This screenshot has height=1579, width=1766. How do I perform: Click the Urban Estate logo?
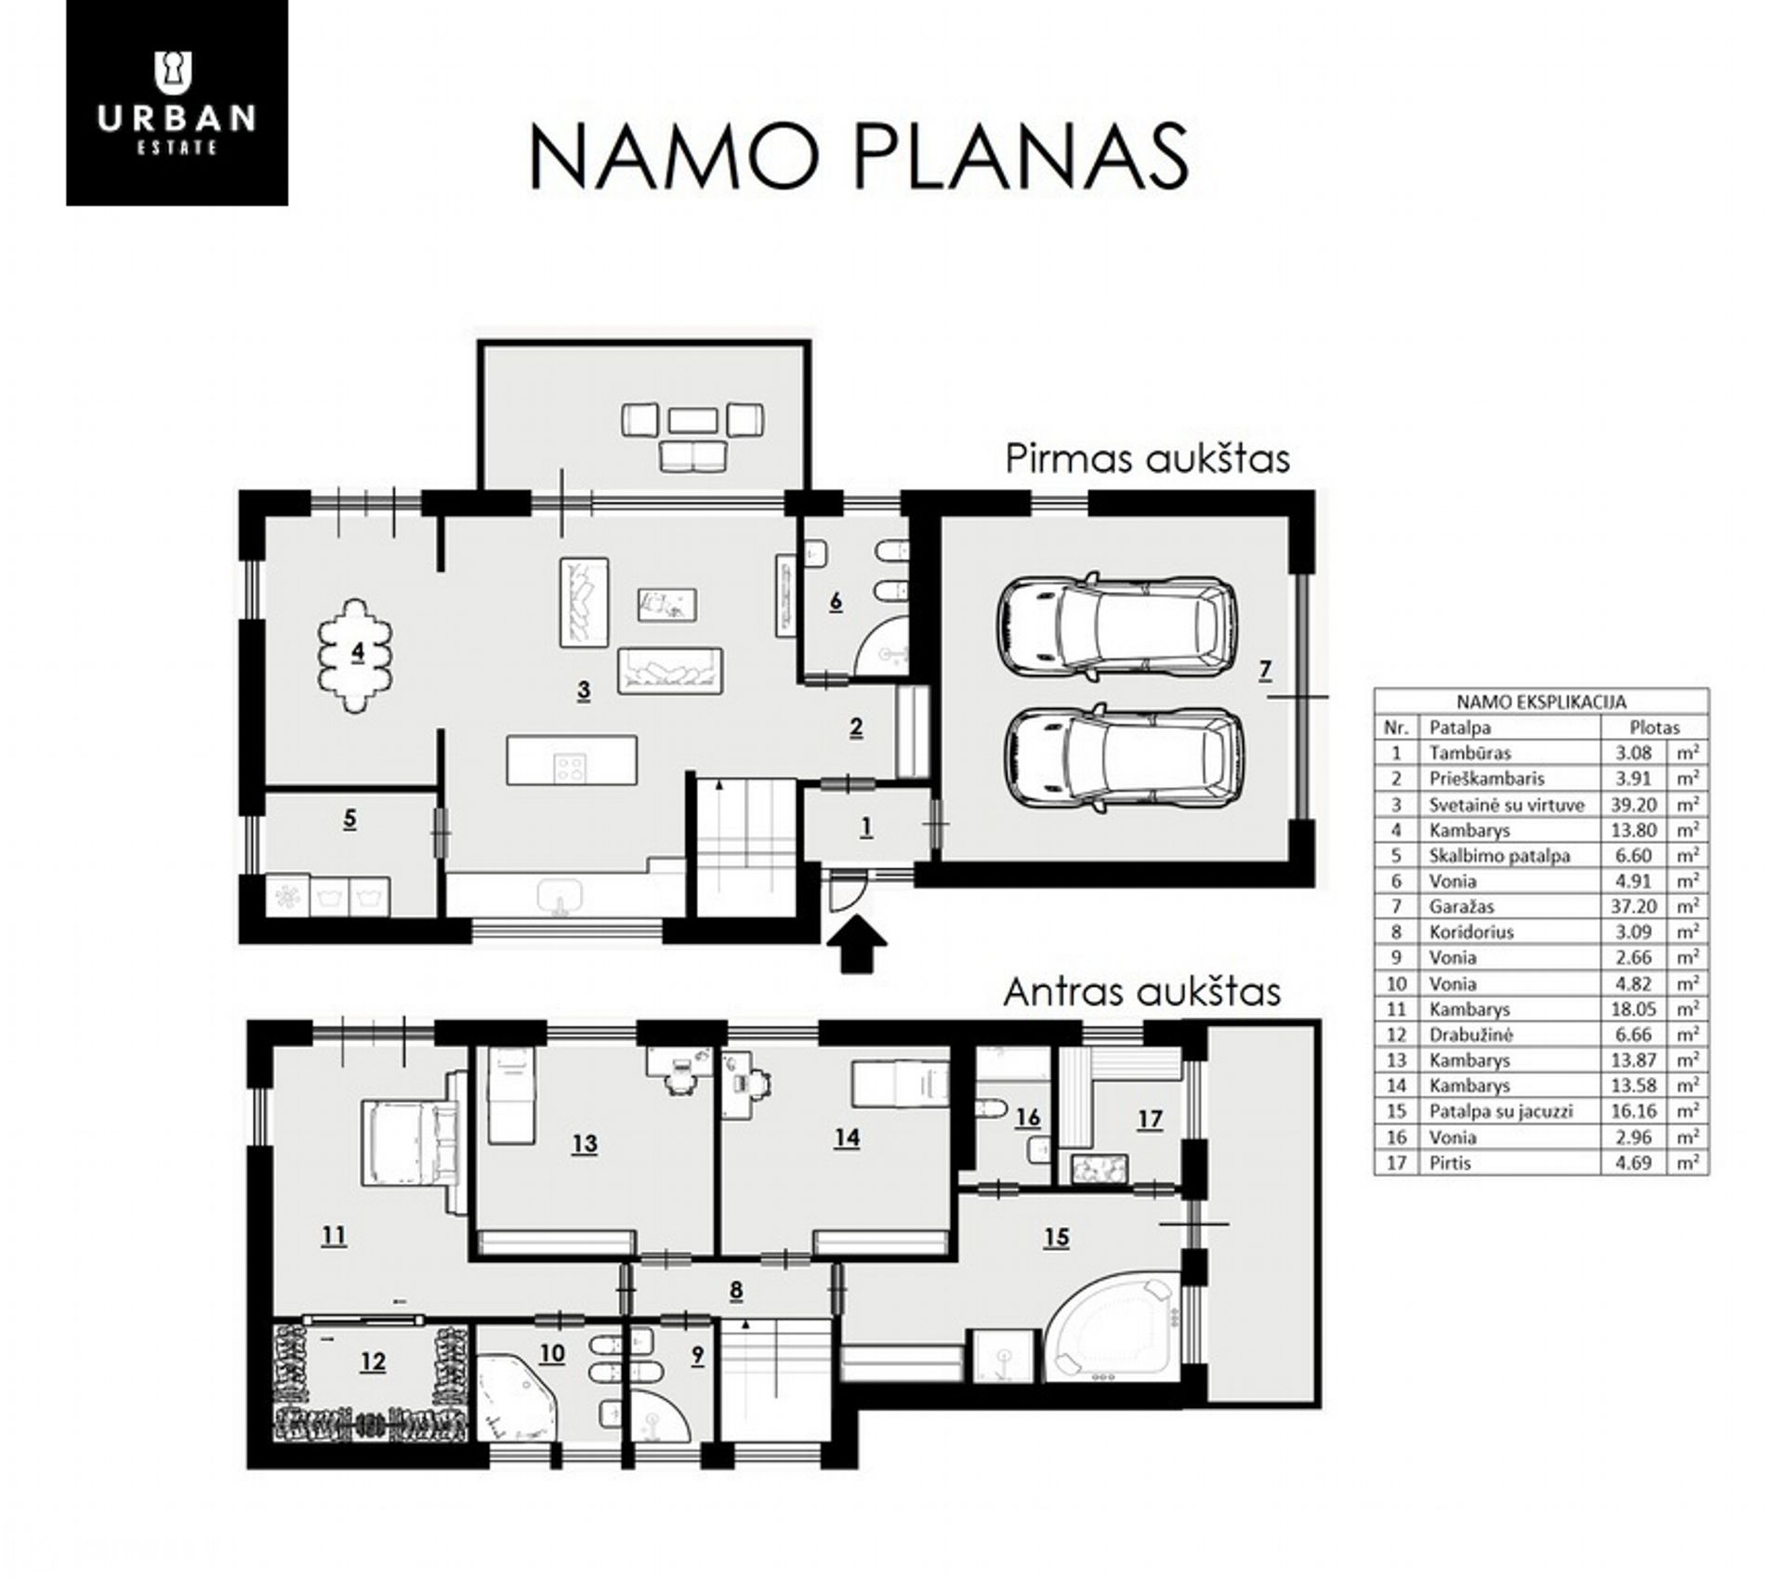[177, 102]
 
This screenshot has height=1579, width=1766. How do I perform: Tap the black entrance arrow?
[856, 943]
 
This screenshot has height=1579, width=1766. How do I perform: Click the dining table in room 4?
[356, 655]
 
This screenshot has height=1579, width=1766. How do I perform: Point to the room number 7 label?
[1265, 670]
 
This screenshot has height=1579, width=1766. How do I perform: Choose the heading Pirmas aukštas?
[1147, 459]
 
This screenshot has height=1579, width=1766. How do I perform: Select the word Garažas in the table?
[1461, 906]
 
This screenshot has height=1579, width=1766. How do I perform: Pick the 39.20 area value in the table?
[1634, 805]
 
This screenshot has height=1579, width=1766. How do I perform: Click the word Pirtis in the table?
[1450, 1163]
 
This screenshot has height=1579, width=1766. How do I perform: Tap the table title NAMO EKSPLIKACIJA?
[1541, 703]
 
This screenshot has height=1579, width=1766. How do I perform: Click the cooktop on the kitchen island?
[569, 767]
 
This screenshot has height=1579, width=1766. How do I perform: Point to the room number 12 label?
[372, 1362]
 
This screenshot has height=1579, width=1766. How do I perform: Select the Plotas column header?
[1654, 728]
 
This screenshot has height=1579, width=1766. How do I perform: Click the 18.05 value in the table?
[1634, 1009]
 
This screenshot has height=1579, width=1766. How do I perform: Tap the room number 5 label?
[349, 820]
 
